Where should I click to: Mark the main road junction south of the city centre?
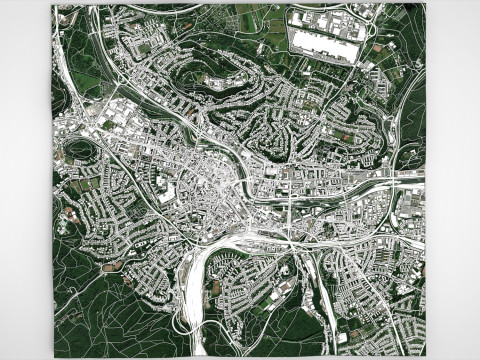coord(291,239)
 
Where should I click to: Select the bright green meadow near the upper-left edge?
coord(85,80)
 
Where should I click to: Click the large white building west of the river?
coord(166,194)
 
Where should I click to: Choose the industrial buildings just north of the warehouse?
coord(325,17)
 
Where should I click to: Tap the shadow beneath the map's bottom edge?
coord(240,357)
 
